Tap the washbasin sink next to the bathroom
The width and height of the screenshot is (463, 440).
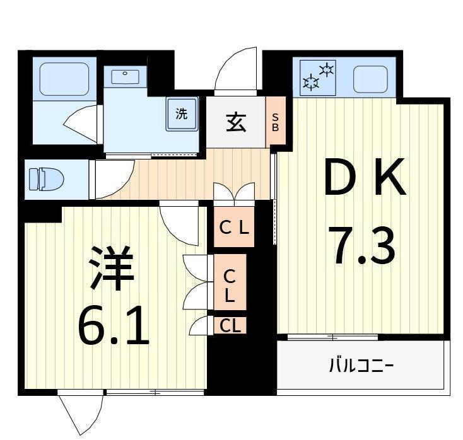point(125,77)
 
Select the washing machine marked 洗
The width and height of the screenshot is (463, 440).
point(182,115)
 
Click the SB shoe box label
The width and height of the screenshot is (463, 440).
point(275,122)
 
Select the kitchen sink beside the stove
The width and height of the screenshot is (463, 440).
point(370,79)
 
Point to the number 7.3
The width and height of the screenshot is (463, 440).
point(363,246)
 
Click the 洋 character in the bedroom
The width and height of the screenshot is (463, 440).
point(112,268)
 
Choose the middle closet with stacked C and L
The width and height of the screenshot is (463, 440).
point(230,284)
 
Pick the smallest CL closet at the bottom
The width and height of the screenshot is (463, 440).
point(230,326)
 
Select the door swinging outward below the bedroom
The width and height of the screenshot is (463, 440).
point(81,413)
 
